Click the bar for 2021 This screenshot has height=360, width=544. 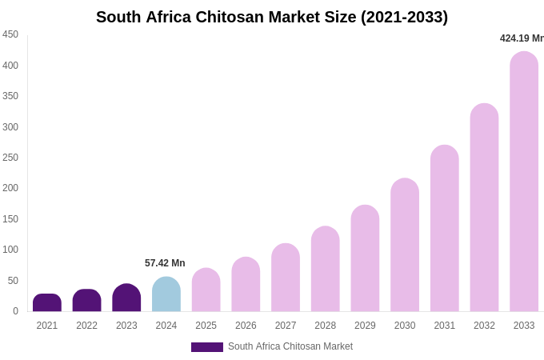point(47,303)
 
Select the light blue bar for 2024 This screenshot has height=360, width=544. point(166,294)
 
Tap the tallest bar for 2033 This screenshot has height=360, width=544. point(524,182)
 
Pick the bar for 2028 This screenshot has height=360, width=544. point(326,269)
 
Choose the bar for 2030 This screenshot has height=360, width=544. point(405,245)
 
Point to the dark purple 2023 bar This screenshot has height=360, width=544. point(126,298)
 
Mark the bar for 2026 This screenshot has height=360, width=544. point(246,284)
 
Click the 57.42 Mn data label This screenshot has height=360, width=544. point(165,263)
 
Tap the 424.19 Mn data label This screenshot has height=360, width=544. point(522,38)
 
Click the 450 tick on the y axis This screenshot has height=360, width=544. point(10,34)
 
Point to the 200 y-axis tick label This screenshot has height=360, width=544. point(10,188)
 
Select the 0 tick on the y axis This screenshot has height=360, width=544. point(14,311)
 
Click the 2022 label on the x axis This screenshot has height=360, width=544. point(86,326)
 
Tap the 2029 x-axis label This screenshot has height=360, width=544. point(365,326)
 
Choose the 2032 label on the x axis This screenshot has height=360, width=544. point(484,326)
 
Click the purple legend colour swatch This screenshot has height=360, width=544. point(206,347)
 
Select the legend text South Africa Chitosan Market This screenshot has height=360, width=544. point(290,346)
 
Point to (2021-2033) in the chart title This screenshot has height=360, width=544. point(404,17)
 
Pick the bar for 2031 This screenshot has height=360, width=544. point(445,228)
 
